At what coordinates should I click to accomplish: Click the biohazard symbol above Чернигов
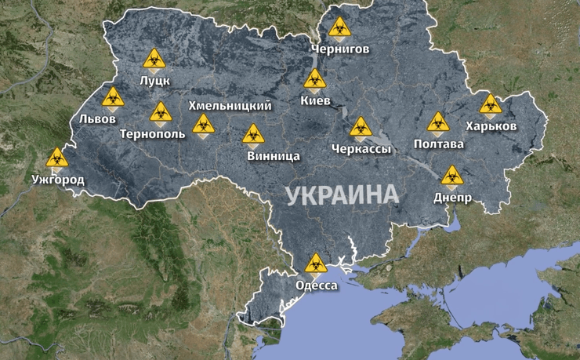(x=339, y=28)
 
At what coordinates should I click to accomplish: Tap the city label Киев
(x=315, y=101)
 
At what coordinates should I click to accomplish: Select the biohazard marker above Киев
(x=315, y=79)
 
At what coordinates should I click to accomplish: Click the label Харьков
(x=491, y=126)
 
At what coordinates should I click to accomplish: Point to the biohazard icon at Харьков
(x=491, y=104)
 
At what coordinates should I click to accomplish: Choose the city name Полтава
(x=439, y=144)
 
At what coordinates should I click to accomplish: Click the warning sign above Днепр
(x=451, y=176)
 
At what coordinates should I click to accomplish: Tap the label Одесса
(x=317, y=285)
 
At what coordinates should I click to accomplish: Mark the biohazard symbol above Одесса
(x=316, y=264)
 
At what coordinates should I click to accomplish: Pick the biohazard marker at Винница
(x=252, y=135)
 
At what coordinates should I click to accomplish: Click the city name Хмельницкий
(x=230, y=105)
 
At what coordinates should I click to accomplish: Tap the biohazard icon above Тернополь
(x=161, y=112)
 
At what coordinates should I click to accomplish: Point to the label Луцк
(x=154, y=81)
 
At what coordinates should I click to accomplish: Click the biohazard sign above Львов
(x=113, y=98)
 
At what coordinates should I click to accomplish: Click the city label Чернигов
(x=339, y=49)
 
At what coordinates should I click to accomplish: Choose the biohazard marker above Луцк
(x=154, y=59)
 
